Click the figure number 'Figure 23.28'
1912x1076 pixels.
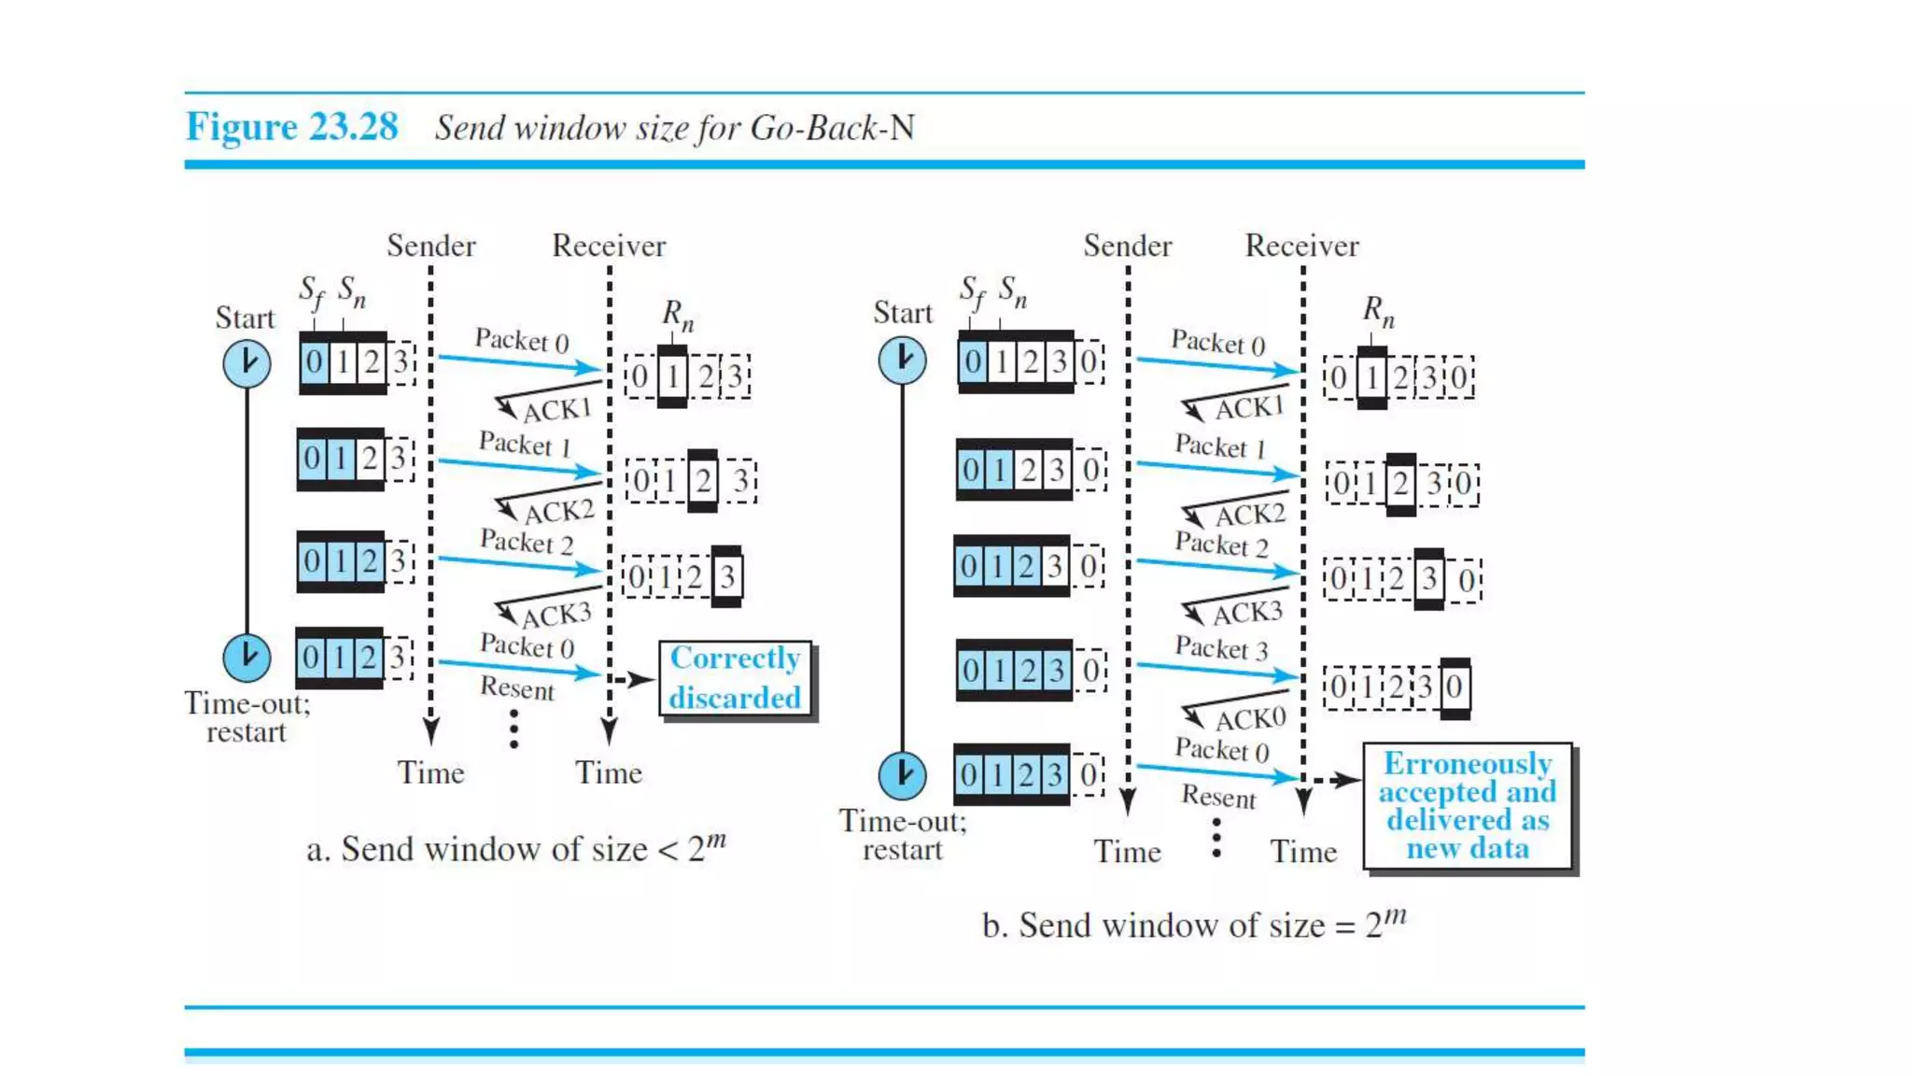point(291,127)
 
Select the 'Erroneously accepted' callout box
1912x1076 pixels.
point(1468,806)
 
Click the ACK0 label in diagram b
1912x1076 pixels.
point(1250,719)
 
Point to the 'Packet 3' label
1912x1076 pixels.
point(1221,648)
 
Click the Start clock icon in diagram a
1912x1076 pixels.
point(246,363)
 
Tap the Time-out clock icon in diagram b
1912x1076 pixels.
point(902,775)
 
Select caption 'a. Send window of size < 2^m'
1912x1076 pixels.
point(515,848)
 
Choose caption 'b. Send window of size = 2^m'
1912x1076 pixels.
point(1193,924)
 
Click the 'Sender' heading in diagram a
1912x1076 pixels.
point(431,246)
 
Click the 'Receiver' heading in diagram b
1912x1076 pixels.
point(1301,246)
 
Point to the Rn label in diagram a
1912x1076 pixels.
point(678,315)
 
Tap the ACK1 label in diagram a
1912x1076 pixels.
point(557,410)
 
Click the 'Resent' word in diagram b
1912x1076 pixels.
point(1218,797)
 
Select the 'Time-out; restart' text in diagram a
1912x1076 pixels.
point(246,717)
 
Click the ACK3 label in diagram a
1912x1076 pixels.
point(556,616)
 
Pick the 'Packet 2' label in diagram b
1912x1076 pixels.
point(1221,545)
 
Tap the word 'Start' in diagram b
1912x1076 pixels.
point(902,312)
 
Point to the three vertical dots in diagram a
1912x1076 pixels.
point(514,729)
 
